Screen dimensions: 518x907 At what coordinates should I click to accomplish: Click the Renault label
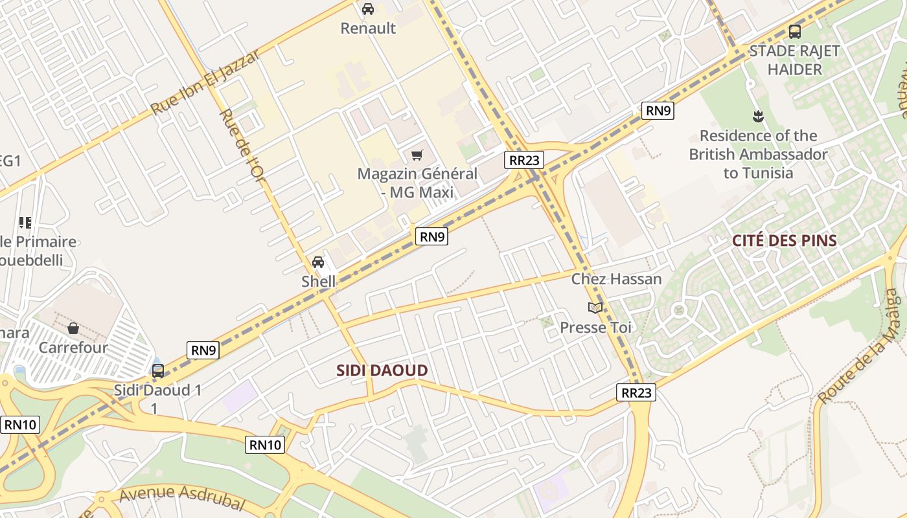(368, 28)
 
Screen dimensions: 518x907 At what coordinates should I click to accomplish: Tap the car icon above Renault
(368, 9)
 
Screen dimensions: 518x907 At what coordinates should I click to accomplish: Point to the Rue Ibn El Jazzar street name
(206, 82)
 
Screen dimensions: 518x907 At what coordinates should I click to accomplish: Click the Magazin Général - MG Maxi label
(417, 183)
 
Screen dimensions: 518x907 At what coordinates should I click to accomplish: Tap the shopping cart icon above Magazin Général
(417, 155)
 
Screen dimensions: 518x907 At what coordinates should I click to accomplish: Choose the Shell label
(319, 282)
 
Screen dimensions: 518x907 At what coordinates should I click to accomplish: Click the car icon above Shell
(318, 262)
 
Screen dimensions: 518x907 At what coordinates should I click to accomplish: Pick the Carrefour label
(73, 348)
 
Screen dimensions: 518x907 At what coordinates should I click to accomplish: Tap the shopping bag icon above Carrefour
(73, 328)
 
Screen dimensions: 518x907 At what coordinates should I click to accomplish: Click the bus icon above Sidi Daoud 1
(158, 371)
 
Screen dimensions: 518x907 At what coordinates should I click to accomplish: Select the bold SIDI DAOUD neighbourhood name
(382, 371)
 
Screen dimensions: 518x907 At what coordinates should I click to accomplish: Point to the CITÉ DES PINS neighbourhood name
(785, 241)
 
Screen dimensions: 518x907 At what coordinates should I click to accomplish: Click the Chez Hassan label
(616, 279)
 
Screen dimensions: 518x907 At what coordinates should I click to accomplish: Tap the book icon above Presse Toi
(595, 308)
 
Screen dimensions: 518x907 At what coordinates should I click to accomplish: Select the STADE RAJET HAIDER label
(794, 60)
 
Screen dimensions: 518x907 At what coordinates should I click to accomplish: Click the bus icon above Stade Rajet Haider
(795, 31)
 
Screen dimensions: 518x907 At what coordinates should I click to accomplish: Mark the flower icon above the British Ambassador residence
(757, 117)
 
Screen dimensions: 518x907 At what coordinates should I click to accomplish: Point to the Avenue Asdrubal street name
(181, 497)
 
